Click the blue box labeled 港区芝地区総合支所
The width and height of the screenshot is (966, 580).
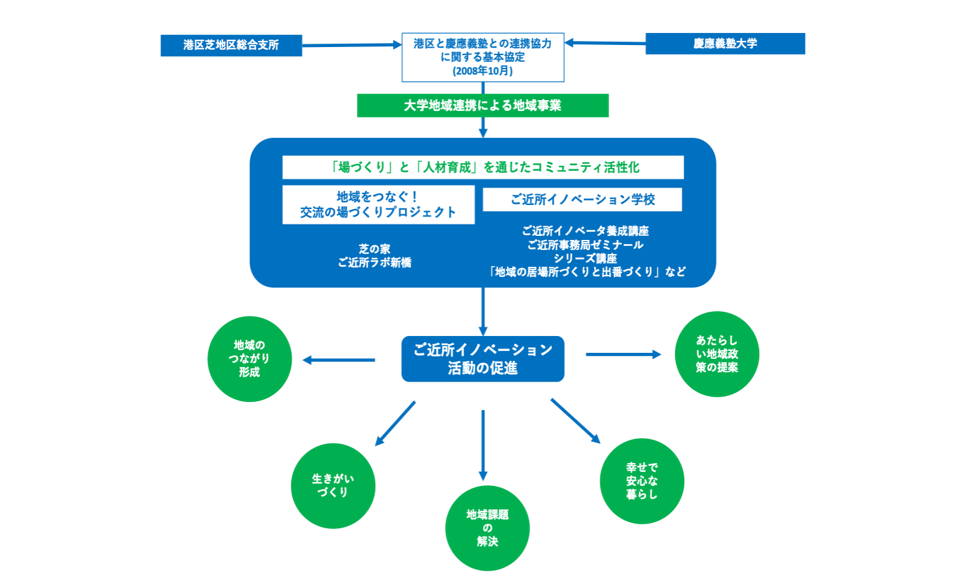231,45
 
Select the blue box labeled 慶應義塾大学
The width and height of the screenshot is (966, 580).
725,44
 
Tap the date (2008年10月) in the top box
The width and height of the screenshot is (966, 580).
482,71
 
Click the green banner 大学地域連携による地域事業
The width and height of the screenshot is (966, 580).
482,106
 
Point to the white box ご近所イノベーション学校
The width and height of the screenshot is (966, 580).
582,200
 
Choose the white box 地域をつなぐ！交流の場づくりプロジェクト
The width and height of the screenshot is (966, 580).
378,205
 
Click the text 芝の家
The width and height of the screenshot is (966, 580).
374,249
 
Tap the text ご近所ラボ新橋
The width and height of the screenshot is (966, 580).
374,263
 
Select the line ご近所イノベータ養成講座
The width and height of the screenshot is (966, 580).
585,231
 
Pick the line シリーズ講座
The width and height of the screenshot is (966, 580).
585,258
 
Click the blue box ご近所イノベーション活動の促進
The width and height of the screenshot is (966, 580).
482,359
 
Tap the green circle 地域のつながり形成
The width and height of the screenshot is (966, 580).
249,359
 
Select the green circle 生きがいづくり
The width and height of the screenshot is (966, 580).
333,485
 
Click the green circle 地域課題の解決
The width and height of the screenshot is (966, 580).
487,528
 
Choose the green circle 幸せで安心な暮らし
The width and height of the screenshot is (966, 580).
642,481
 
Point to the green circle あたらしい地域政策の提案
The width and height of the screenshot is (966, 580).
717,354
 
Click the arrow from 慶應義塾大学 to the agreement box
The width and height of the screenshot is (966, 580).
605,43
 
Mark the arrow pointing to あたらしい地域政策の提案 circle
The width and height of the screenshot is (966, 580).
623,354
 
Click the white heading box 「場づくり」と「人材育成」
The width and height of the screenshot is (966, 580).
482,167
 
